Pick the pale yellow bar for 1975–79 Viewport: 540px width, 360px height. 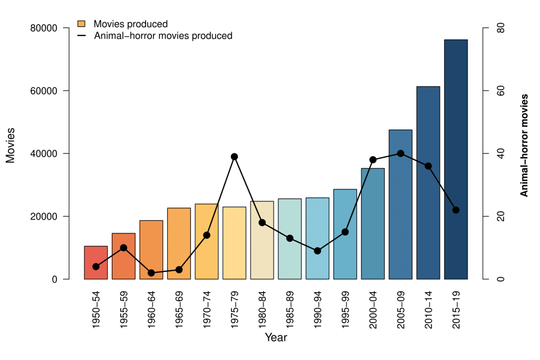pyautogui.click(x=234, y=243)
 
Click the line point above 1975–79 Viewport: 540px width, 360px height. pyautogui.click(x=234, y=157)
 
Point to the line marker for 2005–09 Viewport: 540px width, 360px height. pyautogui.click(x=400, y=153)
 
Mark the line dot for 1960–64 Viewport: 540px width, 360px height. pyautogui.click(x=151, y=273)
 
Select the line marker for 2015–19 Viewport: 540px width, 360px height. pyautogui.click(x=456, y=210)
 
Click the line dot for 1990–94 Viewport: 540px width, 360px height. pyautogui.click(x=317, y=251)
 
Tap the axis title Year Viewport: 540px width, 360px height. pyautogui.click(x=276, y=337)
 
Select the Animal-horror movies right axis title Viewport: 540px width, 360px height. pyautogui.click(x=524, y=145)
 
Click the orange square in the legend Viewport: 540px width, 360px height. pyautogui.click(x=82, y=24)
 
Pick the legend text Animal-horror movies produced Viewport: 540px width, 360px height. pyautogui.click(x=163, y=36)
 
